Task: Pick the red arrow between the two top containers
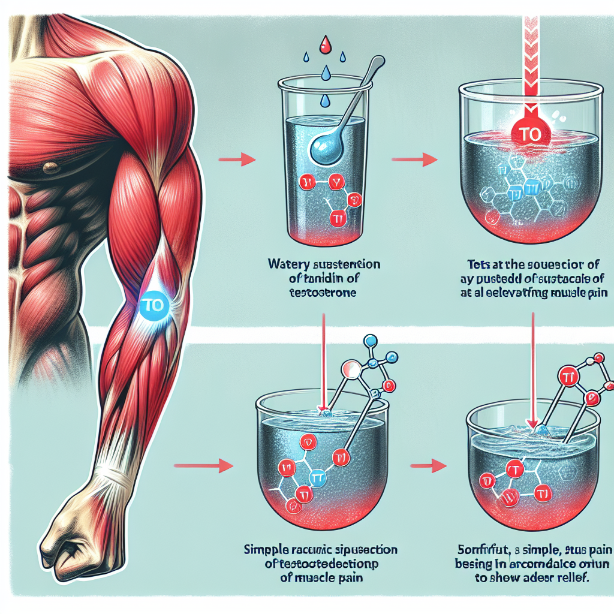pyautogui.click(x=413, y=159)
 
